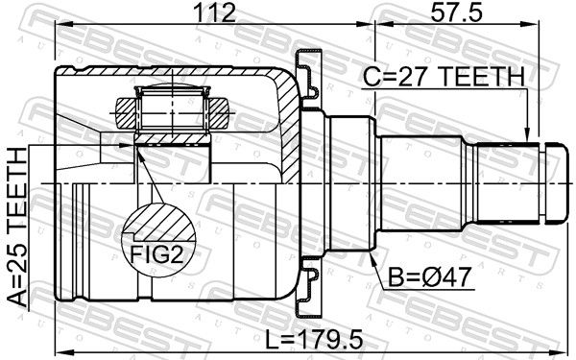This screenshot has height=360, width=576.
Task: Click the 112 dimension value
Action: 214,12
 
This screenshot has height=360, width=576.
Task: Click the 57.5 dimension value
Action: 456,12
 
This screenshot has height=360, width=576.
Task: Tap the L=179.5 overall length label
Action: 314,339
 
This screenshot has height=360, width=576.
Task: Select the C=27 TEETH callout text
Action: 444,77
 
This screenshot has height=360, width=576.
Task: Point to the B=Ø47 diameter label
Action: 429,277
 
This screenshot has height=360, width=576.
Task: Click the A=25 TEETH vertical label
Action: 17,227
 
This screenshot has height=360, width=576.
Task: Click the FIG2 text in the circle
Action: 156,254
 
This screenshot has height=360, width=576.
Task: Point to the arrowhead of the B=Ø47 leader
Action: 372,256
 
